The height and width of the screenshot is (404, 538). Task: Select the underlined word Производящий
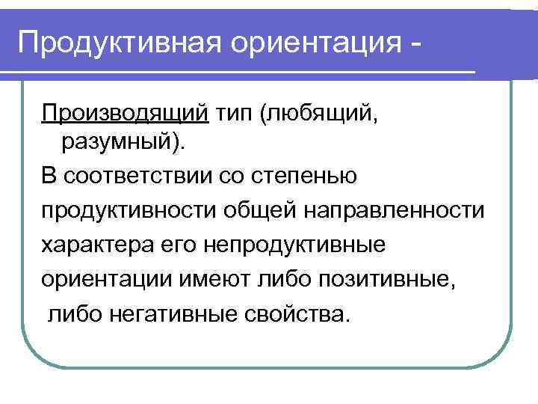coord(125,114)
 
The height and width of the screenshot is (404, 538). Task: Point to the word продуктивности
coord(128,210)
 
